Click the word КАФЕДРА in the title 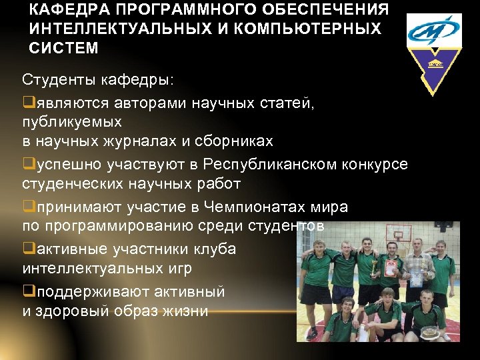[x=61, y=10]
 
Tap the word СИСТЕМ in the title [x=64, y=48]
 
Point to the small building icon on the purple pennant [x=437, y=64]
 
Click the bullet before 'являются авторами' [x=27, y=104]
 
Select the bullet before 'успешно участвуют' [x=27, y=164]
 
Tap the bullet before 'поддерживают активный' [x=27, y=292]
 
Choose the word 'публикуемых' [x=72, y=122]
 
